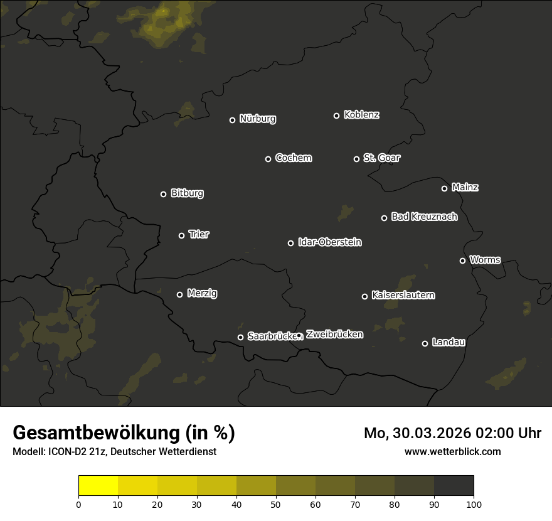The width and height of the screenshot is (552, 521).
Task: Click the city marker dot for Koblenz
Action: (336, 115)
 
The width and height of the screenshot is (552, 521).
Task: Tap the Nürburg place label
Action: (257, 119)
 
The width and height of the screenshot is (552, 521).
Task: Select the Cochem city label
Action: (293, 158)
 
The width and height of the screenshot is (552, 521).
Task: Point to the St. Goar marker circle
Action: (356, 159)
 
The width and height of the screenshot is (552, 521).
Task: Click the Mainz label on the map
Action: (465, 187)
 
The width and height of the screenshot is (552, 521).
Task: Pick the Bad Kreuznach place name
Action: (424, 217)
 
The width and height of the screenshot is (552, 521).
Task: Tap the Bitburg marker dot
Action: (163, 194)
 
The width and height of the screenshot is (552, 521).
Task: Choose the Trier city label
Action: (199, 234)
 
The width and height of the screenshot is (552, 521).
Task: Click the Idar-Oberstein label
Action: (329, 242)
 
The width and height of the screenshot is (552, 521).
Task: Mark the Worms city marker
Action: (462, 260)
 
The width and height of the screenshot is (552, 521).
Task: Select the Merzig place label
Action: (202, 293)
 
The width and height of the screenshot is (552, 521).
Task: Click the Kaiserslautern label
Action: (403, 295)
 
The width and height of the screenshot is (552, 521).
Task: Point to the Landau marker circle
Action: (425, 343)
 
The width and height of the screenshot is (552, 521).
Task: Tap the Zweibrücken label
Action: (334, 334)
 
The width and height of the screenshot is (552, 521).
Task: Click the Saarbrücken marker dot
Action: (240, 337)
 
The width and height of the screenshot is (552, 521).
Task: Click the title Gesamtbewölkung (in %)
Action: (124, 432)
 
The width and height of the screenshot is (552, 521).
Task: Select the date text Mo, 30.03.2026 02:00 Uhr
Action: (452, 433)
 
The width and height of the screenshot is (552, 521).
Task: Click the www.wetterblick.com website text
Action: (452, 451)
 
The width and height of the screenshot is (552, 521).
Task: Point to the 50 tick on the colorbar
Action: (276, 504)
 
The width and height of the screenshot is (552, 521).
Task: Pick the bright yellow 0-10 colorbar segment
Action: (98, 486)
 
